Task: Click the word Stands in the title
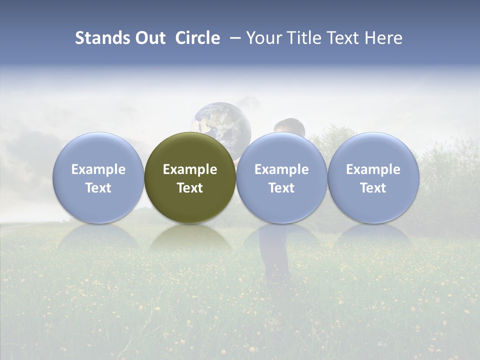click(103, 38)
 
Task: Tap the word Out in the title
click(150, 38)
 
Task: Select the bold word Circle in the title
click(197, 38)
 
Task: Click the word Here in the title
click(383, 38)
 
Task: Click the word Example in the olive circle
click(190, 169)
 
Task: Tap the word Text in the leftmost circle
click(98, 188)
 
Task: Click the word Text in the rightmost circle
click(373, 188)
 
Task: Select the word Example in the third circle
click(281, 169)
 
